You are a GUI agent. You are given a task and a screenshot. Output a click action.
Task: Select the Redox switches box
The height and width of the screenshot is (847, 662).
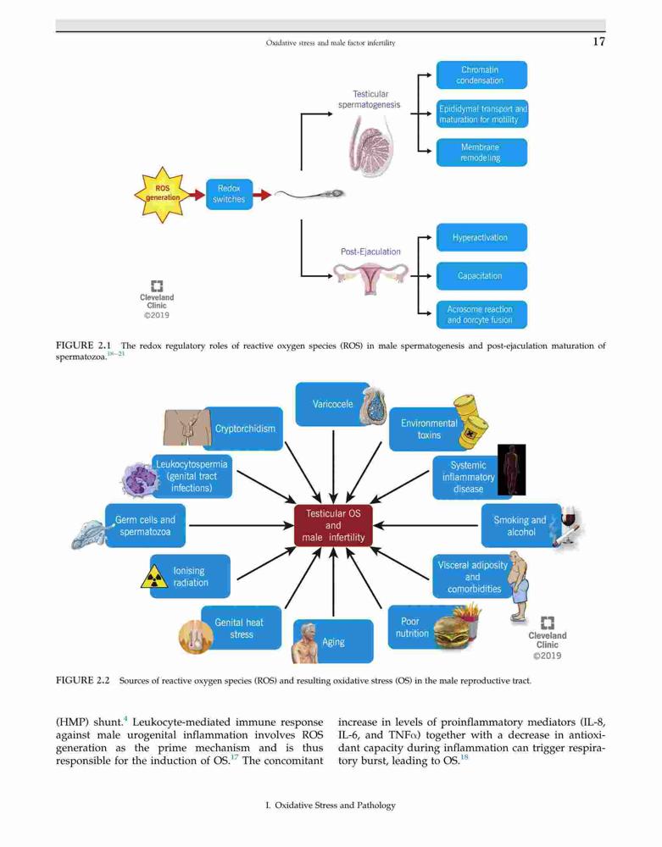[229, 194]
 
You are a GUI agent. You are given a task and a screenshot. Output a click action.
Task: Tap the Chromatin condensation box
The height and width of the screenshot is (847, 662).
[481, 75]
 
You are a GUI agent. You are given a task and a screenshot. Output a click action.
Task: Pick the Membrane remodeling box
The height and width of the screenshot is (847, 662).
[481, 152]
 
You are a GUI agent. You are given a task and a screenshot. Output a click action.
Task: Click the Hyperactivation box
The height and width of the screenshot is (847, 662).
[481, 237]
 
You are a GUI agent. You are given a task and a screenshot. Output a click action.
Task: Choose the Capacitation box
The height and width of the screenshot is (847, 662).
[481, 276]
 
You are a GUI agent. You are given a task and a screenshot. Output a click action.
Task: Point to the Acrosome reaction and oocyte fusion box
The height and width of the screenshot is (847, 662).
[481, 314]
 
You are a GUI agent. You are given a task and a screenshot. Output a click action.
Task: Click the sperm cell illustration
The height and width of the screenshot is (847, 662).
[309, 193]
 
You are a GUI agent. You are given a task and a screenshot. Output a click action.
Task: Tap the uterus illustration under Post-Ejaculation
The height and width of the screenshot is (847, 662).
[370, 278]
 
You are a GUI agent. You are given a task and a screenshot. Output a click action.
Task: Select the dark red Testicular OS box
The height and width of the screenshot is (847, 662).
[333, 526]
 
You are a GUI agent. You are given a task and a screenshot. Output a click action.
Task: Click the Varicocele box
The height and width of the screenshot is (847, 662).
[333, 404]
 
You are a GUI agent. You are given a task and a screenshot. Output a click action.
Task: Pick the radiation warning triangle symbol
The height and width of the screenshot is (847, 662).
[154, 577]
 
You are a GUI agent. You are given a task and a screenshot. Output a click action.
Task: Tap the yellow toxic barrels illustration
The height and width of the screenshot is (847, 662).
[469, 421]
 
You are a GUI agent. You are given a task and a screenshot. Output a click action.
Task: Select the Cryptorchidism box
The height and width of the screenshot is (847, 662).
[243, 429]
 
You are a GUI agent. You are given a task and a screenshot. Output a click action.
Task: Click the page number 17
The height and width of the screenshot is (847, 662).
[598, 42]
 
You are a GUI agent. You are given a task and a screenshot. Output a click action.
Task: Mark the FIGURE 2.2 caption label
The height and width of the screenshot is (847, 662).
[83, 680]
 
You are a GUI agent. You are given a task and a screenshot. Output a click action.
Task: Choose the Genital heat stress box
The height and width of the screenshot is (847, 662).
[241, 628]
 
